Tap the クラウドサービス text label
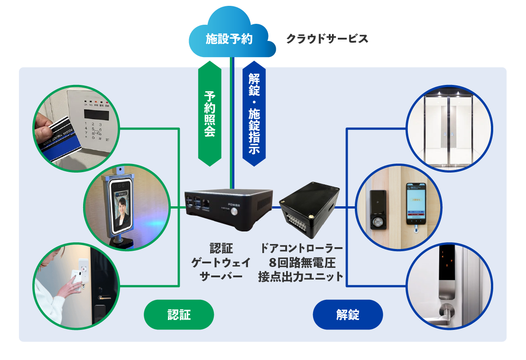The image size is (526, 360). [x=327, y=39]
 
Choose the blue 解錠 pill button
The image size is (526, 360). [x=348, y=315]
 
